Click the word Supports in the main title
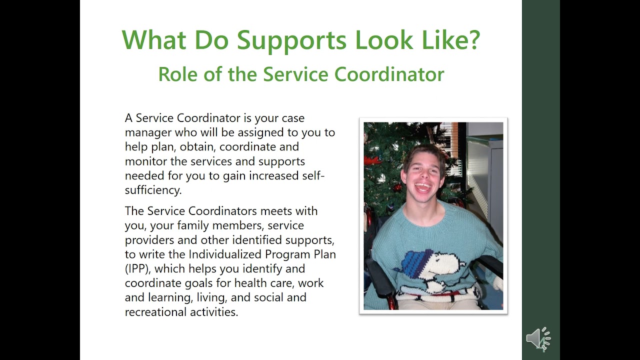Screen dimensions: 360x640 pyautogui.click(x=291, y=40)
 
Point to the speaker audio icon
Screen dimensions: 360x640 pyautogui.click(x=538, y=339)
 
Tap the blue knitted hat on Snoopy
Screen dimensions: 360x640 pyautogui.click(x=418, y=262)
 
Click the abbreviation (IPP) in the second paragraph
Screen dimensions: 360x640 pyautogui.click(x=137, y=268)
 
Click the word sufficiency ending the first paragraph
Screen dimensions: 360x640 pyautogui.click(x=152, y=190)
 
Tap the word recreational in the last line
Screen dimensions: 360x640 pyautogui.click(x=155, y=312)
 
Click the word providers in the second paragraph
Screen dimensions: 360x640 pyautogui.click(x=149, y=239)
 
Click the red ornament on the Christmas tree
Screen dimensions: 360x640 pyautogui.click(x=397, y=187)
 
